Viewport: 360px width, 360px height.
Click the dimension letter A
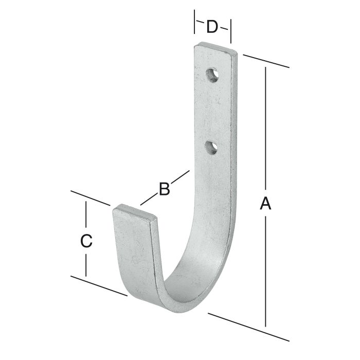point(265,204)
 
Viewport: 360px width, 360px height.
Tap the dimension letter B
point(164,189)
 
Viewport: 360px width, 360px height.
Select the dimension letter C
point(86,240)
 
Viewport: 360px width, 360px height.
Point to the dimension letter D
point(212,26)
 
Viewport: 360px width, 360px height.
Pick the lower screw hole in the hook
point(211,148)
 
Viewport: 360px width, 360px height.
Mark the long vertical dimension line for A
point(266,129)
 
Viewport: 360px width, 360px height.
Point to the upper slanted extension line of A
point(265,60)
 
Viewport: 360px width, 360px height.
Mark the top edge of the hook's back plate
point(216,49)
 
